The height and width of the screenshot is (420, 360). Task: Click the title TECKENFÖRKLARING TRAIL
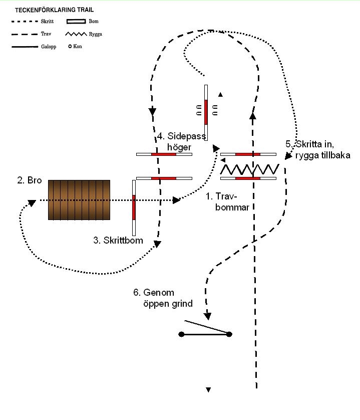click(55, 10)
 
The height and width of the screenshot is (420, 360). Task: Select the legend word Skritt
click(47, 21)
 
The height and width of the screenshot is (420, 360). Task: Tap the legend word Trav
click(46, 34)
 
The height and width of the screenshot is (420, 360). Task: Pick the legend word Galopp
click(49, 47)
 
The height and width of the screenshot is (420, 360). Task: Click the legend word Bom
click(94, 21)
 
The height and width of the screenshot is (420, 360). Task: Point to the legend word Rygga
click(96, 34)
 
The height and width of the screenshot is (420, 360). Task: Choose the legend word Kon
click(78, 46)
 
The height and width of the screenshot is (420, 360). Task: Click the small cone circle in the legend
click(70, 46)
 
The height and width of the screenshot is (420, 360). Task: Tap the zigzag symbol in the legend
click(76, 34)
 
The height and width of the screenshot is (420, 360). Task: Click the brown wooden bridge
click(79, 200)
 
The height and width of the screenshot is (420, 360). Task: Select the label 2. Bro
click(30, 180)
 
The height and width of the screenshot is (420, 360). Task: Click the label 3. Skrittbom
click(118, 240)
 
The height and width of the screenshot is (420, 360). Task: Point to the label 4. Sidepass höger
click(182, 141)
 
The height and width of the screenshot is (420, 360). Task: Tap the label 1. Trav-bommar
click(227, 201)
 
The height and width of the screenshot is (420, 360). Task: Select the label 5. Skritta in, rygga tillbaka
click(318, 149)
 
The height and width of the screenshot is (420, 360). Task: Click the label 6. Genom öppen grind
click(163, 298)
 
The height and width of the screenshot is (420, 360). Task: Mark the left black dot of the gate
click(181, 334)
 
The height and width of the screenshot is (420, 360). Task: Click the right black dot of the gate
click(229, 334)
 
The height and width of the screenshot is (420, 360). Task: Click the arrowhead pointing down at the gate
click(208, 316)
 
